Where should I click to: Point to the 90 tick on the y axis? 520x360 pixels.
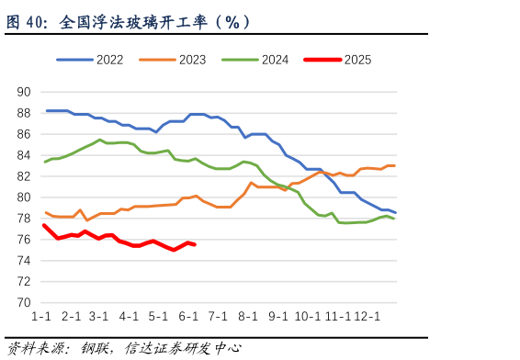[x=24, y=92]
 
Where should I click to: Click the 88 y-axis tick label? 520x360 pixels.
[x=24, y=113]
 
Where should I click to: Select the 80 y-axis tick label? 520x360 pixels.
[x=24, y=197]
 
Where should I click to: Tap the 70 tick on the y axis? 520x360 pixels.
[x=24, y=303]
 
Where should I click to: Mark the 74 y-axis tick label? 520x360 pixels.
[x=24, y=261]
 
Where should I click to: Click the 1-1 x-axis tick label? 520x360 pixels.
[x=41, y=317]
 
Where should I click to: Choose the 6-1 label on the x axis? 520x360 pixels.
[x=189, y=317]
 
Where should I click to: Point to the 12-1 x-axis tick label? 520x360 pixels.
[x=367, y=317]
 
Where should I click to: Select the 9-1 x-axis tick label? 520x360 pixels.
[x=278, y=317]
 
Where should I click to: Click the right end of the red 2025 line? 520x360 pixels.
[x=194, y=244]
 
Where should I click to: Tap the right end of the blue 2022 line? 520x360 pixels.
[x=395, y=213]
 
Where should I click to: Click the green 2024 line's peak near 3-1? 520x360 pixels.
[x=100, y=140]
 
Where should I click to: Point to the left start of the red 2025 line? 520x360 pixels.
[x=44, y=225]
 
